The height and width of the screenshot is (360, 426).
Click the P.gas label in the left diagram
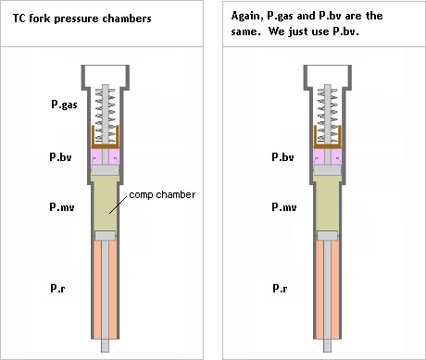[x=64, y=105]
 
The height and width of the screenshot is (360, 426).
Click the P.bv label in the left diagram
[x=60, y=157]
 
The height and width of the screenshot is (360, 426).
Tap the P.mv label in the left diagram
[x=62, y=206]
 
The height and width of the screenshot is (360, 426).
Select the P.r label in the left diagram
[x=57, y=288]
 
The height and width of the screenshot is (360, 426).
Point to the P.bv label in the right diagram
[x=282, y=157]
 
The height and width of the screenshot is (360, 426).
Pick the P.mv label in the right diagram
[x=284, y=206]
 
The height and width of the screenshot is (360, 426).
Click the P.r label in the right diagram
[x=280, y=288]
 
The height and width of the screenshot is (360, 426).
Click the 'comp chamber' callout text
[x=162, y=195]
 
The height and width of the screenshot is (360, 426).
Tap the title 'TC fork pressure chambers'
[x=82, y=19]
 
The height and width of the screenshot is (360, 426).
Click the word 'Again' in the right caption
[x=247, y=16]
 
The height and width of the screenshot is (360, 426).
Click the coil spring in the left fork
[x=106, y=116]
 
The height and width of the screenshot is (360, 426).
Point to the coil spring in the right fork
[x=328, y=116]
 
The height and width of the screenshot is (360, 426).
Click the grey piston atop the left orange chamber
[x=106, y=236]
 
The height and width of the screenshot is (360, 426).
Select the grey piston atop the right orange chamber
[x=328, y=236]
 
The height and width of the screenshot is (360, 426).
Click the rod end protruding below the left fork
[x=106, y=345]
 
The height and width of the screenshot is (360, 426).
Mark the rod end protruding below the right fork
[x=328, y=345]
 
